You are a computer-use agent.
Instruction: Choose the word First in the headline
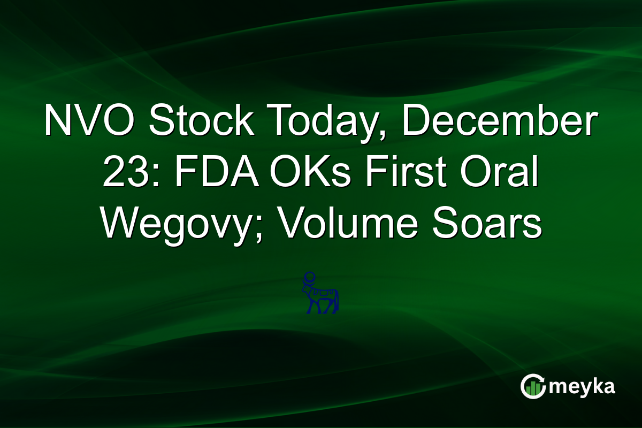[x=401, y=173]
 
